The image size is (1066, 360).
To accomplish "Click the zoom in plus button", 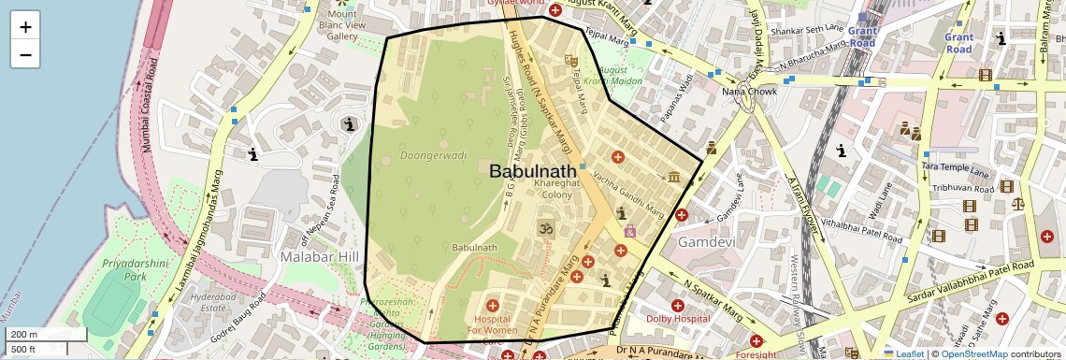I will [x=25, y=27].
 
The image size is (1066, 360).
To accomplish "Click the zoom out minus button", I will [x=25, y=54].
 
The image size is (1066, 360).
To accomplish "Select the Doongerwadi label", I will [x=427, y=154].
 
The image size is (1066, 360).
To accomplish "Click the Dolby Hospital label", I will [x=678, y=319].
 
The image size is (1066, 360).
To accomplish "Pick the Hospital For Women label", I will [x=493, y=324].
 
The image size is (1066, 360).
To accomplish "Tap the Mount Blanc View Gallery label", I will [x=342, y=24].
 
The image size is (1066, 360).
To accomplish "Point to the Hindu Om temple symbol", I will [x=544, y=227].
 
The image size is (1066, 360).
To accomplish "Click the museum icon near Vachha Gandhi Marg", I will [x=674, y=177].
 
